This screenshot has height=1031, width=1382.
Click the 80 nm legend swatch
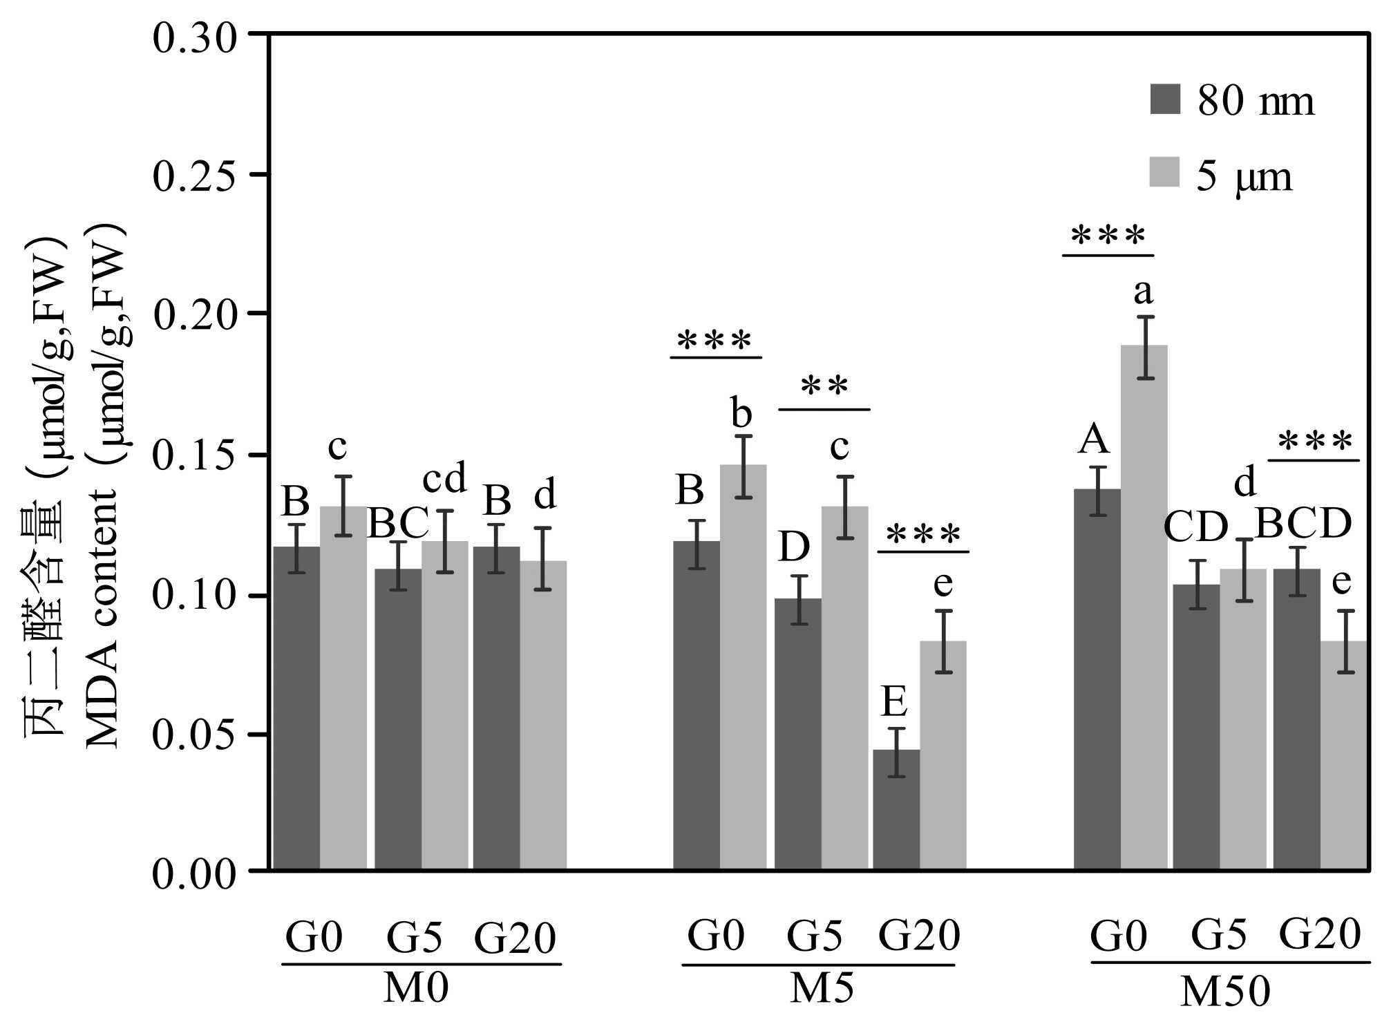(1165, 99)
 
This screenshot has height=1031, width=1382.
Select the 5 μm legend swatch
(1164, 172)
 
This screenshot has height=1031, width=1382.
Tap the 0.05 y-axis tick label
(194, 735)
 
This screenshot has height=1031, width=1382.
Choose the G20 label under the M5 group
(919, 936)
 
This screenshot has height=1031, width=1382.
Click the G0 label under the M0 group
(314, 938)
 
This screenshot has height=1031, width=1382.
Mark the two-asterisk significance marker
(824, 386)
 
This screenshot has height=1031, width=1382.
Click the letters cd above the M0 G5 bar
(444, 477)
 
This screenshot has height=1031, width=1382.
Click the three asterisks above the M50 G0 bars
(1108, 237)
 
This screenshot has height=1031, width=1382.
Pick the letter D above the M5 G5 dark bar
(794, 547)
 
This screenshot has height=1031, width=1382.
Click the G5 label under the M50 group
(1219, 935)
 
